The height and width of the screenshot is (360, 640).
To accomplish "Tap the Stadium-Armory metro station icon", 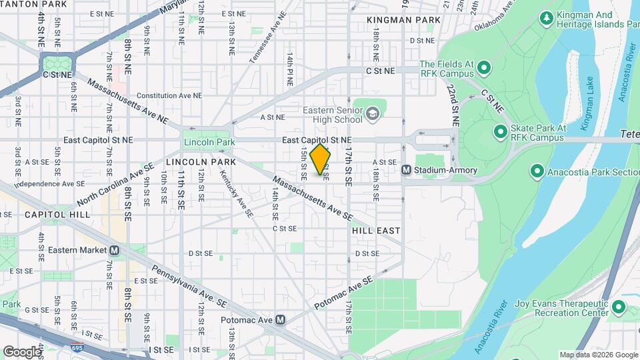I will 405,171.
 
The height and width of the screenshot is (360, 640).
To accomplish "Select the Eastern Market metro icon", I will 114,250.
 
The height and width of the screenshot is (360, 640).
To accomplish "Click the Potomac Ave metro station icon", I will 280,319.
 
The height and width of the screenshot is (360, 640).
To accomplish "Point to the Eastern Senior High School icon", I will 372,115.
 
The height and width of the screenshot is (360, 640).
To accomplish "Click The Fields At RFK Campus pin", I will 484,68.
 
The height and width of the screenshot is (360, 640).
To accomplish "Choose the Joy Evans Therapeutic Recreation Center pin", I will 618,307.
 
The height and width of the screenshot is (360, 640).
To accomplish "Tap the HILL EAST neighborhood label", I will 376,231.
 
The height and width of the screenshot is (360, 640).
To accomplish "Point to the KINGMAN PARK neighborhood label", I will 403,20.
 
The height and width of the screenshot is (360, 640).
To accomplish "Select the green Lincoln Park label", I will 209,143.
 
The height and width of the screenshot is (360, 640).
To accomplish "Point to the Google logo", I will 22,351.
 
